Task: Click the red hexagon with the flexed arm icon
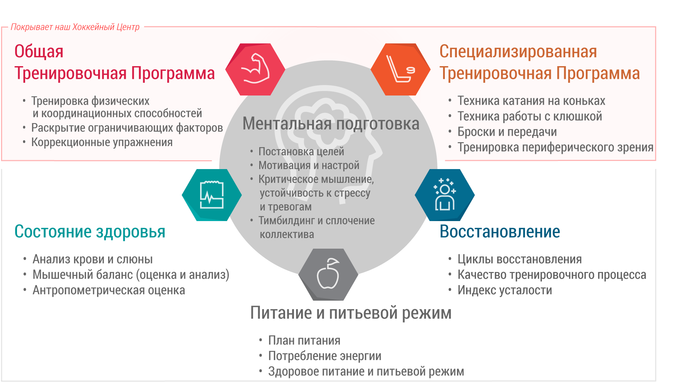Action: tap(255, 69)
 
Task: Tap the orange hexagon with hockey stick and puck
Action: tap(401, 69)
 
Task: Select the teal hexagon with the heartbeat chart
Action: tap(212, 195)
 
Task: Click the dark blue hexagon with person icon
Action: tap(445, 195)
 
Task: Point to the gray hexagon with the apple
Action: tap(328, 274)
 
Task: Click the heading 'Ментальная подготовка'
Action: tap(331, 123)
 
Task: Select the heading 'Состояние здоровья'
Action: tap(90, 232)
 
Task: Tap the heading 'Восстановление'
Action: tap(500, 232)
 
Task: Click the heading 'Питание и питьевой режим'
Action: tap(351, 313)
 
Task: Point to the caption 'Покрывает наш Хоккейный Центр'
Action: tap(75, 27)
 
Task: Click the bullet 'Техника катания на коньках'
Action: tap(531, 101)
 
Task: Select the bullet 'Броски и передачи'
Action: tap(507, 132)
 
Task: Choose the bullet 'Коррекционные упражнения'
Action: tap(102, 142)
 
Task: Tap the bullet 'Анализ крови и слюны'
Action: tap(92, 259)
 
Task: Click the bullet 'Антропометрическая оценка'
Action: tap(109, 290)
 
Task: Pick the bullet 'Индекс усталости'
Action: tap(505, 290)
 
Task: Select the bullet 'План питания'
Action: tap(304, 341)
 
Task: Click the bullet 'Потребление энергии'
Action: tap(325, 356)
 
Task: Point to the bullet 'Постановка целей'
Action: tap(301, 152)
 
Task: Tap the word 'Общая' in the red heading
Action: tap(39, 52)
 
